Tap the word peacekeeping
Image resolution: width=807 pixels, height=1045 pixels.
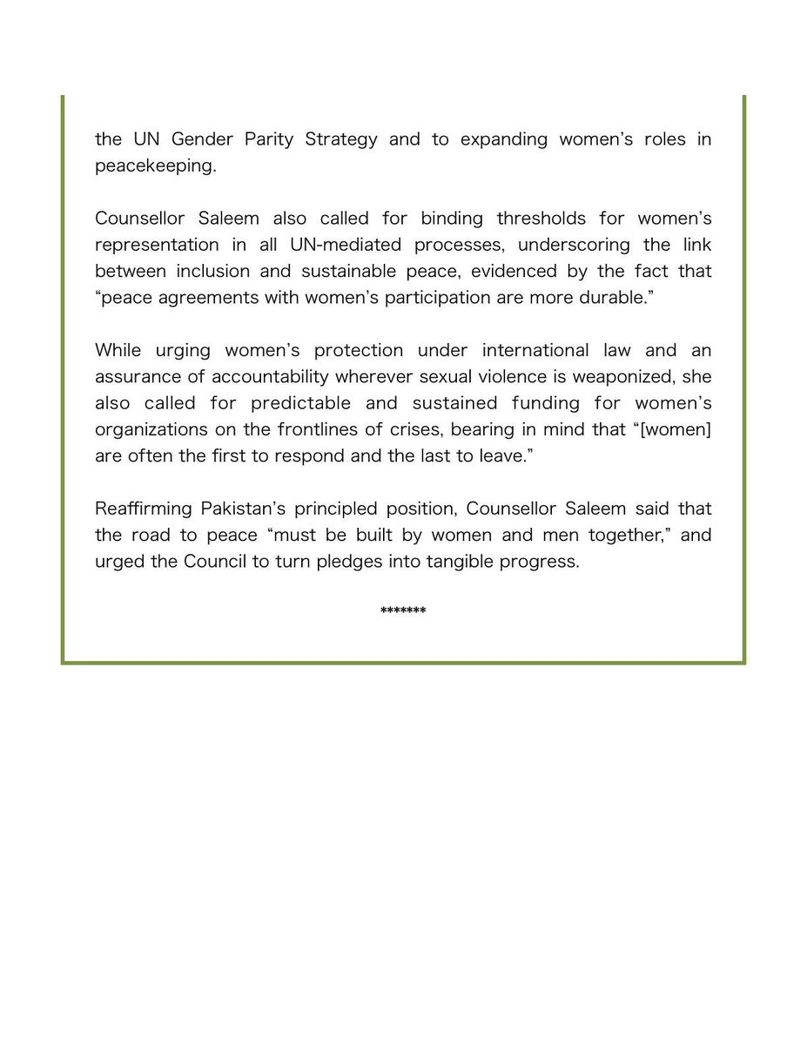pyautogui.click(x=155, y=166)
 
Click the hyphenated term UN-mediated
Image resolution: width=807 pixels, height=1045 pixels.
pyautogui.click(x=339, y=245)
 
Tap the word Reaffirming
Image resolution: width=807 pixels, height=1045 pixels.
pyautogui.click(x=142, y=509)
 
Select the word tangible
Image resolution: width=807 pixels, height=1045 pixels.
pyautogui.click(x=465, y=561)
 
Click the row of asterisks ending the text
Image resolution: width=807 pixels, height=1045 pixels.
pyautogui.click(x=403, y=611)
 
